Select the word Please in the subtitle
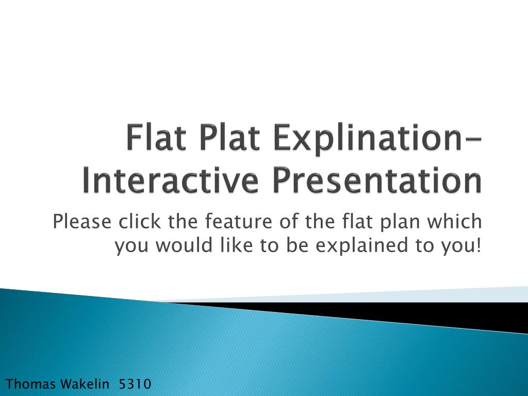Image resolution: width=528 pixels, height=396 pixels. tap(82, 222)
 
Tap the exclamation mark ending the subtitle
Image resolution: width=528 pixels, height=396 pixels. tap(479, 246)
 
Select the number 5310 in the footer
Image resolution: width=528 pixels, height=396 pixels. tap(135, 384)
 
